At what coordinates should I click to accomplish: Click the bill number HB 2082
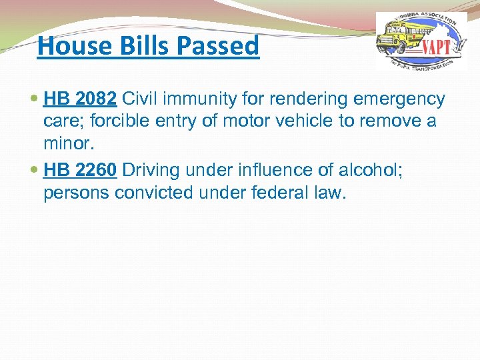pos(80,99)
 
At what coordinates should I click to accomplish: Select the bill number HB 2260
pos(80,170)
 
